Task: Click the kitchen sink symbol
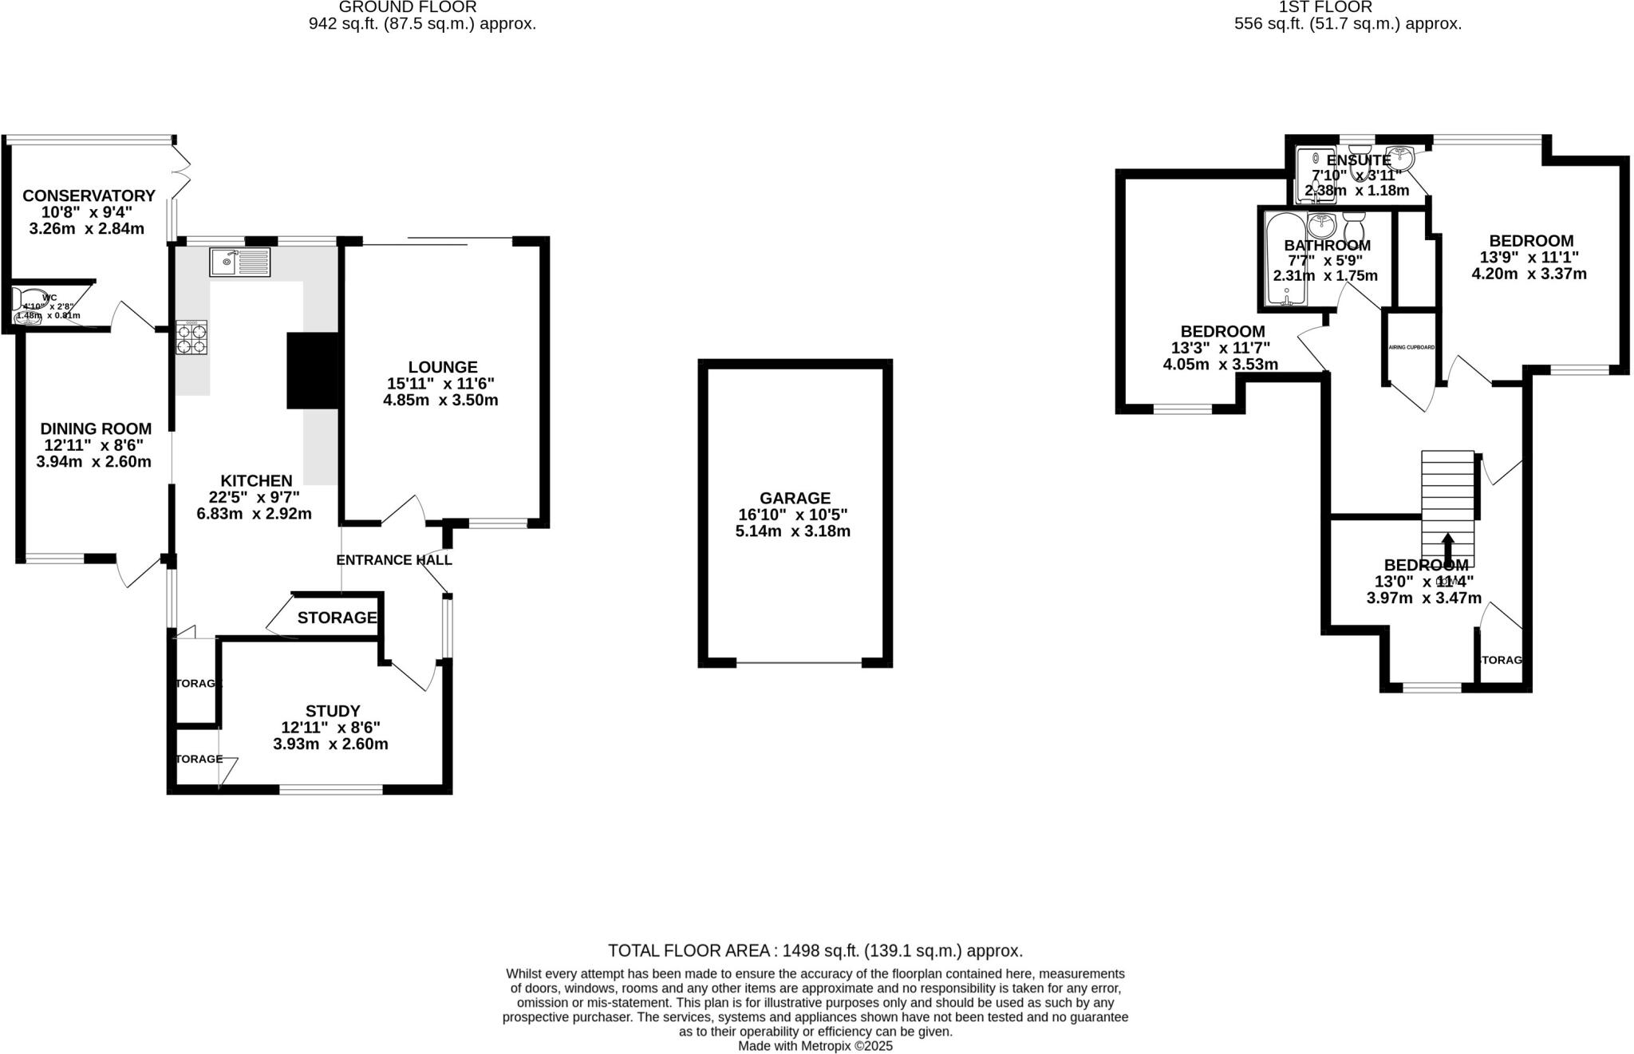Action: [x=240, y=262]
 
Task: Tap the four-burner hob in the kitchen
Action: [x=191, y=338]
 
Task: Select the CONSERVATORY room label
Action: [x=89, y=195]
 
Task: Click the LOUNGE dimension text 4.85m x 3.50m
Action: [x=440, y=400]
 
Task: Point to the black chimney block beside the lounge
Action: [x=314, y=371]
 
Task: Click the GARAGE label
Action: [x=794, y=498]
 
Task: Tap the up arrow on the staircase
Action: [x=1447, y=549]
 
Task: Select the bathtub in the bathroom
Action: [x=1285, y=259]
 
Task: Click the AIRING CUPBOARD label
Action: [x=1411, y=347]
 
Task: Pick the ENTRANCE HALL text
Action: [x=394, y=560]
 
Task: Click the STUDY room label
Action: [x=333, y=711]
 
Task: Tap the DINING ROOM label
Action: [x=96, y=429]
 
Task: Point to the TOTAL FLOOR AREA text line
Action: [x=815, y=950]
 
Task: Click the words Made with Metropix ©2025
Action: [x=815, y=1046]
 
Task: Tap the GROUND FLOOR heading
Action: [x=408, y=7]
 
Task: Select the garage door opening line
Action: [x=799, y=662]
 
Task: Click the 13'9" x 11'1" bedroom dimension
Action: [x=1529, y=257]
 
